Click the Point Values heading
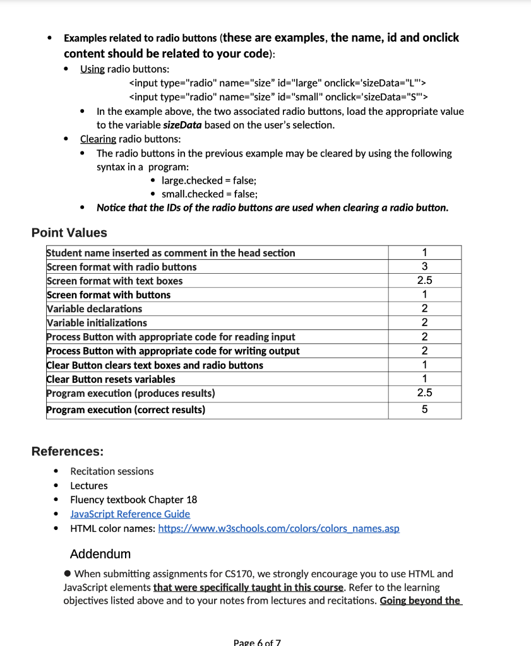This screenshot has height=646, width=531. click(x=69, y=233)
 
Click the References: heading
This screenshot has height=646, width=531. click(x=68, y=452)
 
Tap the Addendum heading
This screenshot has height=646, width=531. click(x=100, y=554)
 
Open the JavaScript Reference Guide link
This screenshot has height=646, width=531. click(x=130, y=514)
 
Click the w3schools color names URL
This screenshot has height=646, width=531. click(x=278, y=529)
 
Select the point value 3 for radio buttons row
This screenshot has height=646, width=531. click(x=424, y=267)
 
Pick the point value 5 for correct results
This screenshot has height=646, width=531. click(x=424, y=410)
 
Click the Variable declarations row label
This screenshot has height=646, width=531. click(x=95, y=309)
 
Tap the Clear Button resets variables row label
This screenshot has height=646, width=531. click(x=111, y=379)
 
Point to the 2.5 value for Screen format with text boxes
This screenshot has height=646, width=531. click(x=424, y=281)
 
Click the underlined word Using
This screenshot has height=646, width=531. click(x=92, y=69)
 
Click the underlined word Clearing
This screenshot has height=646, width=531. click(x=98, y=139)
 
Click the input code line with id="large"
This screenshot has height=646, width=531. click(x=278, y=83)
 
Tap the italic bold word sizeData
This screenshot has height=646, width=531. click(x=178, y=125)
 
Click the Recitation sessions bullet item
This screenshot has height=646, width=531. click(x=112, y=471)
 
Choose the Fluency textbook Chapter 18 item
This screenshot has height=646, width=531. click(x=133, y=500)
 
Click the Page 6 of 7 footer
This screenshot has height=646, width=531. click(x=257, y=642)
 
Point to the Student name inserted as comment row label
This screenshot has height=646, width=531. click(x=171, y=253)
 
